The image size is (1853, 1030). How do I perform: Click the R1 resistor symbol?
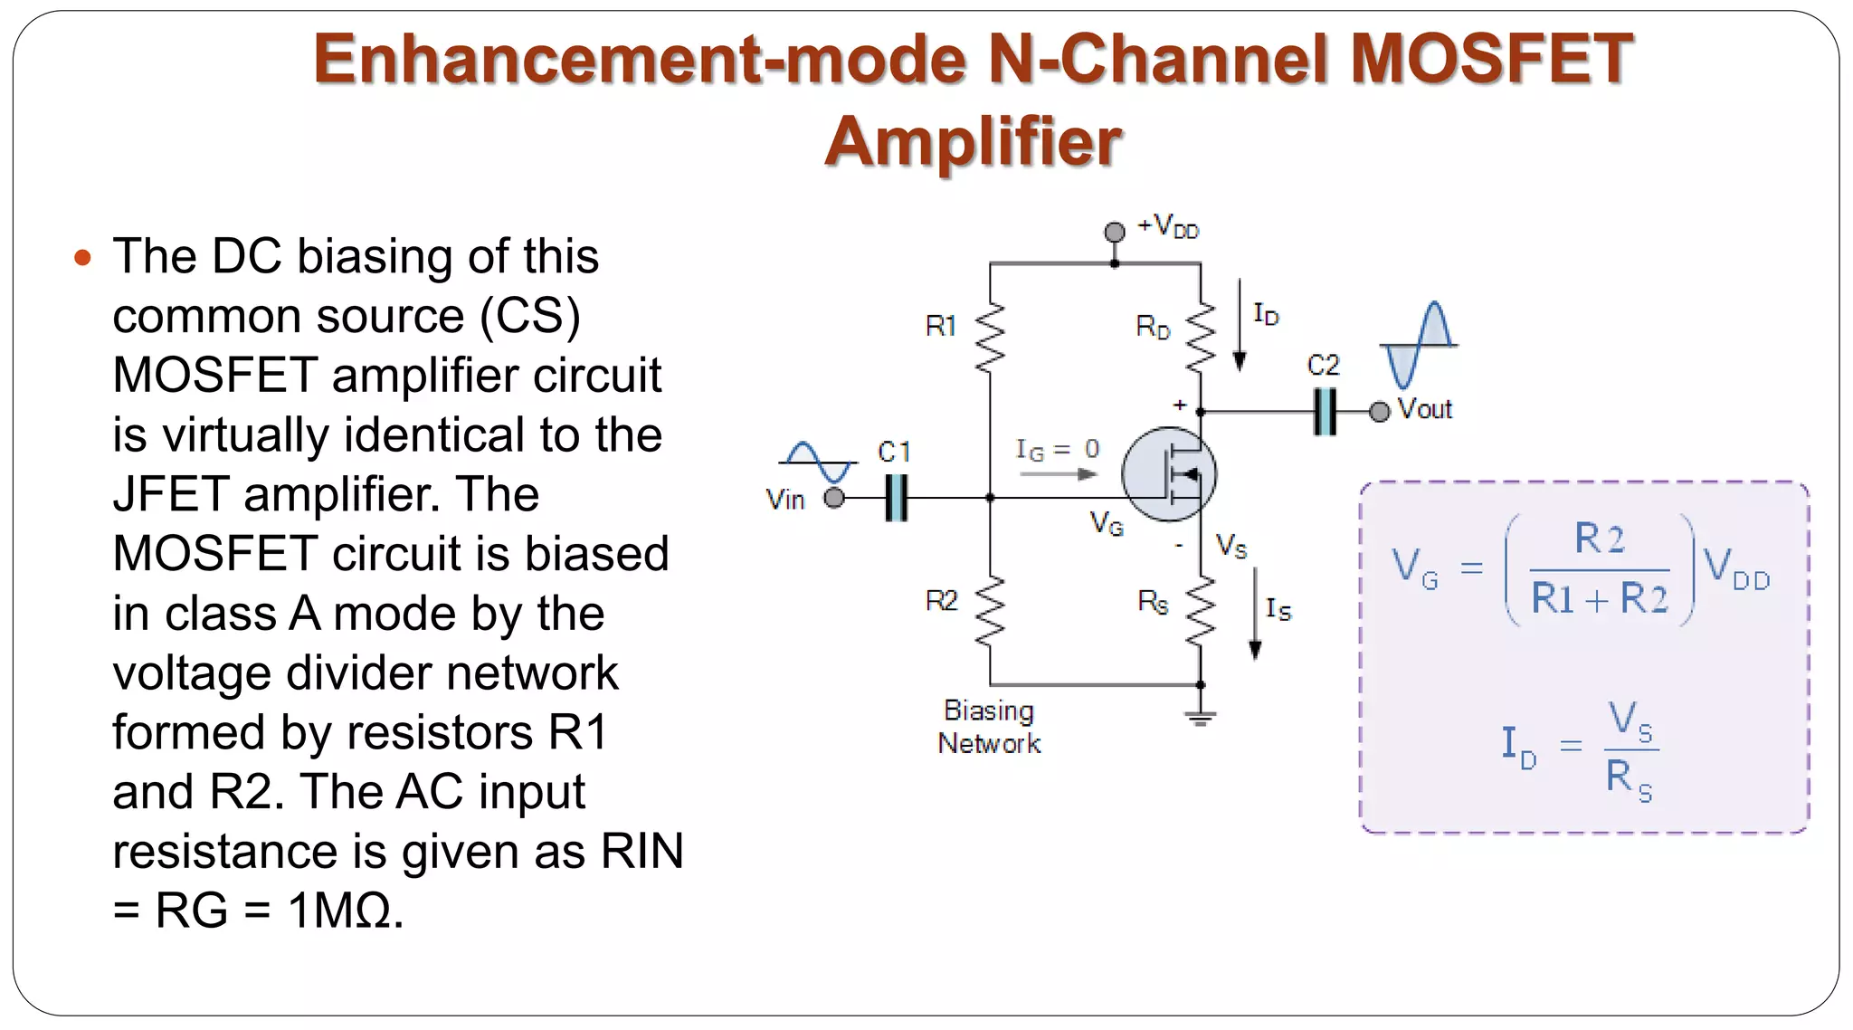tap(990, 337)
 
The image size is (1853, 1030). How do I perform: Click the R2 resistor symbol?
tap(990, 611)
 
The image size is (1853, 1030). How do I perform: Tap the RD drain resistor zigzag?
tap(1201, 337)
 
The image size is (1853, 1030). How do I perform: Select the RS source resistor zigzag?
tap(1201, 611)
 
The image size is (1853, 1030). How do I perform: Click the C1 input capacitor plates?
tap(896, 498)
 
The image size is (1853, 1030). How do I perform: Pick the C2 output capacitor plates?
tap(1325, 412)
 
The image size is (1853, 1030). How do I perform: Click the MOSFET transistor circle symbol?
tap(1168, 474)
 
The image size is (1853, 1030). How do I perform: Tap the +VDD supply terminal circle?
tap(1115, 232)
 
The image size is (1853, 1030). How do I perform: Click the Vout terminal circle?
tap(1379, 412)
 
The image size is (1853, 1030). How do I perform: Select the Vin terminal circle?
tap(834, 498)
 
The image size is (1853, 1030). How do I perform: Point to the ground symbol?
tap(1201, 718)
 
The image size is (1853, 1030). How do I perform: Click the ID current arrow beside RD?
tap(1240, 326)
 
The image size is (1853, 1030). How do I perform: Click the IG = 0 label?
tap(1057, 449)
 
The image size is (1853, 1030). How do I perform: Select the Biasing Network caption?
tap(989, 727)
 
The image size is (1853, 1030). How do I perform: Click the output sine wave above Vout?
tap(1418, 345)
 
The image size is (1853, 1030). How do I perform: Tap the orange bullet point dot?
tap(82, 258)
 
